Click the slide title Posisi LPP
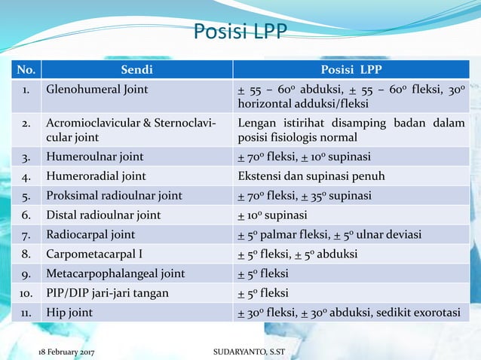coord(240,32)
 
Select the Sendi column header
coord(136,70)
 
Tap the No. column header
coord(26,70)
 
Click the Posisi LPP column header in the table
coord(351,70)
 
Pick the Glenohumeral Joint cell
coord(97,90)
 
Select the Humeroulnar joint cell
coord(94,157)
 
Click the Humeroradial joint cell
coord(96,177)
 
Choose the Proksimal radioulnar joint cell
coord(114,196)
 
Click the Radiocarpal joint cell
coord(91,234)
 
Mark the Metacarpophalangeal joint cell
coord(115,273)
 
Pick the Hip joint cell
coord(71,312)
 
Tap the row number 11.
coord(26,312)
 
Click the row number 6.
coord(26,215)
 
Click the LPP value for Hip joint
coord(348,312)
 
